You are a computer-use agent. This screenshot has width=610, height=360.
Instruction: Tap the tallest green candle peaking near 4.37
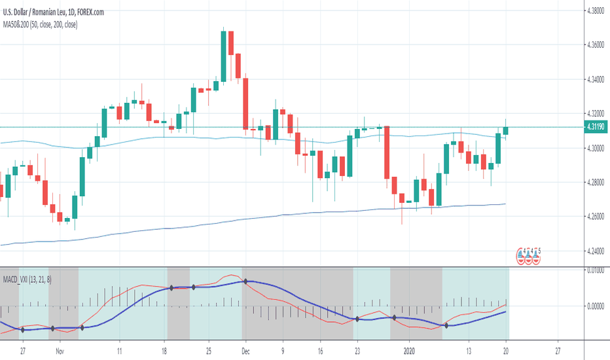[223, 56]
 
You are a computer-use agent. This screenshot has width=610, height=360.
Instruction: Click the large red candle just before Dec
[245, 103]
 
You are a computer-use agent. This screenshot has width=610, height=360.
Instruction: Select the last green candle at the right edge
[505, 130]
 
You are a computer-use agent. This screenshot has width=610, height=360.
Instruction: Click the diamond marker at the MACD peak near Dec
[245, 281]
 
